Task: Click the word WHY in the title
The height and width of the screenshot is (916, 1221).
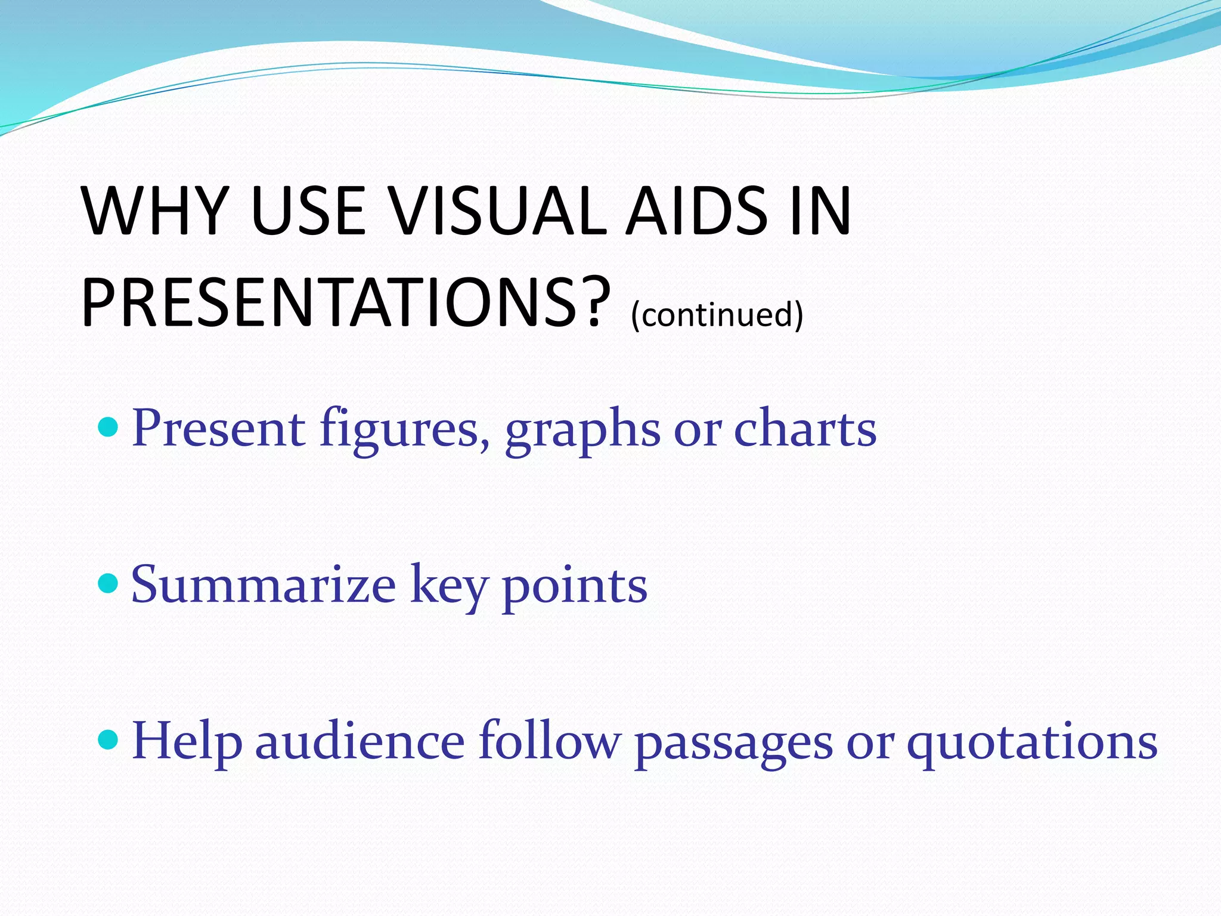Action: coord(156,211)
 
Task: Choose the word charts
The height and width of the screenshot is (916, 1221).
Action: coord(805,428)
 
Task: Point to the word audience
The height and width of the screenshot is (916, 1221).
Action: coord(360,741)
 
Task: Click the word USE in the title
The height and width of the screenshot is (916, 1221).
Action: coord(308,211)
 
